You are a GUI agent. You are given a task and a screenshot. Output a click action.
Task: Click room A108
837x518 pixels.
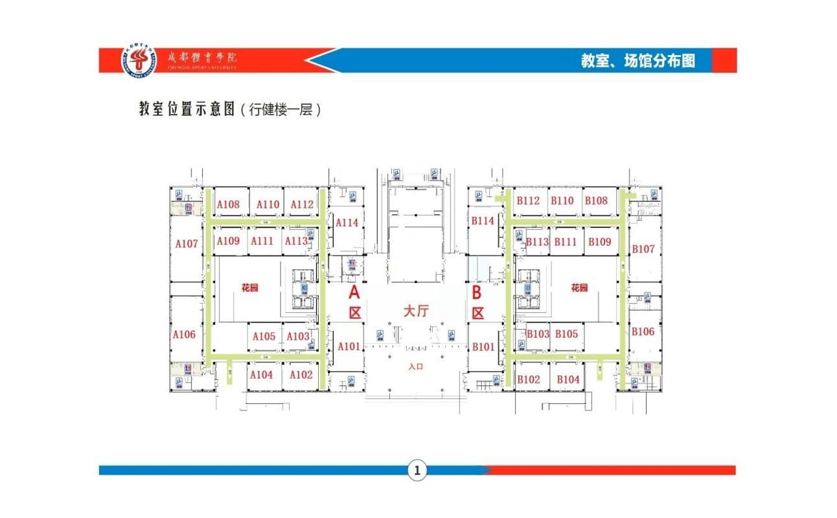tap(228, 205)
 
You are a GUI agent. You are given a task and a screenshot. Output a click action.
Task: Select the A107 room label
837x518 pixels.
tap(186, 244)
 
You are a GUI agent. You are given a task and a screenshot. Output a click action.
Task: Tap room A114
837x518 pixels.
tap(347, 222)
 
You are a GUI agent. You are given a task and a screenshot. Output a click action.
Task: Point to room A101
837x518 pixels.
tap(349, 346)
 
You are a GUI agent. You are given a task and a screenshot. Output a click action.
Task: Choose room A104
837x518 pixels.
tap(262, 375)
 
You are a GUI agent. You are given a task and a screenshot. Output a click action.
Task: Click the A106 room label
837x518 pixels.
tap(184, 335)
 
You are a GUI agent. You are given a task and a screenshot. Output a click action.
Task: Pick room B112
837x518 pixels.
tap(528, 201)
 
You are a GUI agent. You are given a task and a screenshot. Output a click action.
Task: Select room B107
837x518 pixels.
tap(643, 249)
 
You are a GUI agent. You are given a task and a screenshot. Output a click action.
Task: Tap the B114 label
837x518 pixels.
tap(483, 221)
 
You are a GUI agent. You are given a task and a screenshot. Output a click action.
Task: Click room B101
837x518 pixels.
tap(483, 346)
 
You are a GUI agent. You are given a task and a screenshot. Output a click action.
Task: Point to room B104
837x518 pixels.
tap(568, 379)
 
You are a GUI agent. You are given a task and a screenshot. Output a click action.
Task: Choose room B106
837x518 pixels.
tap(643, 332)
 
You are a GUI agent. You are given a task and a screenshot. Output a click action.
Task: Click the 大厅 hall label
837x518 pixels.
tap(416, 311)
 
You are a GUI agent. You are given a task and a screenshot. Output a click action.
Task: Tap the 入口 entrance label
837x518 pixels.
tap(416, 366)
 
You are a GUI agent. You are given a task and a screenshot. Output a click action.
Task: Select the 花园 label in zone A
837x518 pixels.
tap(249, 288)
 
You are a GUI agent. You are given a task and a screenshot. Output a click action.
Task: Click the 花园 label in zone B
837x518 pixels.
tap(579, 288)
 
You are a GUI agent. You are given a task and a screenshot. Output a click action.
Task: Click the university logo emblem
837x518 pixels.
tap(141, 61)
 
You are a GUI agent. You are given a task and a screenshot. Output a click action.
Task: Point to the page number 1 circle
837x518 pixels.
tap(417, 471)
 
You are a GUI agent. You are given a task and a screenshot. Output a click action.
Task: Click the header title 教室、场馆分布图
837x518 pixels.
tap(637, 61)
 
